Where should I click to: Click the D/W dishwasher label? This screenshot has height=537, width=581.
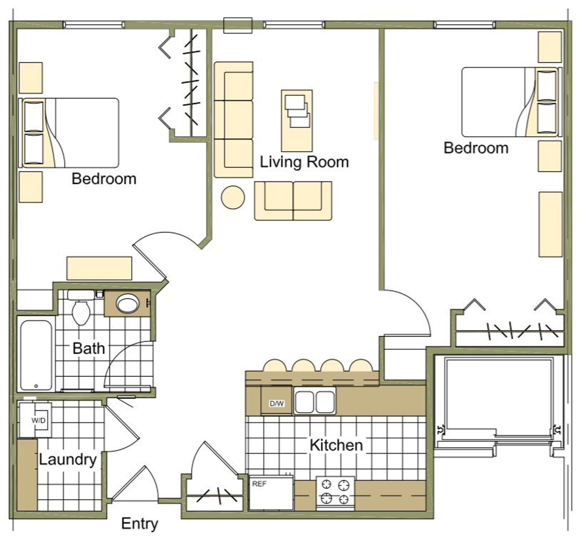[x=277, y=403]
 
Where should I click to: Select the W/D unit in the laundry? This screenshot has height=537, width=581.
[x=35, y=420]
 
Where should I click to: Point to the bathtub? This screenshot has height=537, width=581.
[x=36, y=355]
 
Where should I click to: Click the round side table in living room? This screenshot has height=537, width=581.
[x=233, y=197]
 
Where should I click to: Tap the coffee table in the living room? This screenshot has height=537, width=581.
[x=297, y=120]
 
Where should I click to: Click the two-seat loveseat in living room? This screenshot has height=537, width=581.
[x=293, y=201]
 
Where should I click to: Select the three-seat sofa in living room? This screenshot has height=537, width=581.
[x=234, y=120]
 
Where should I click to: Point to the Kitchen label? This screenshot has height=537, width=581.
[x=336, y=445]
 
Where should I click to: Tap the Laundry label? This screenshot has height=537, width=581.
[x=67, y=460]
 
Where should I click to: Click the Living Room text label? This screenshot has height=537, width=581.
[x=304, y=162]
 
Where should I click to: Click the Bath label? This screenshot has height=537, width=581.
[x=88, y=348]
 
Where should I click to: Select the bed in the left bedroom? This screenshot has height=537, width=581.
[x=69, y=133]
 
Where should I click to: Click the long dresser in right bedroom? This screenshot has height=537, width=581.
[x=550, y=224]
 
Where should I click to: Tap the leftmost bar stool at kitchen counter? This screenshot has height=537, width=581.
[x=274, y=365]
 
